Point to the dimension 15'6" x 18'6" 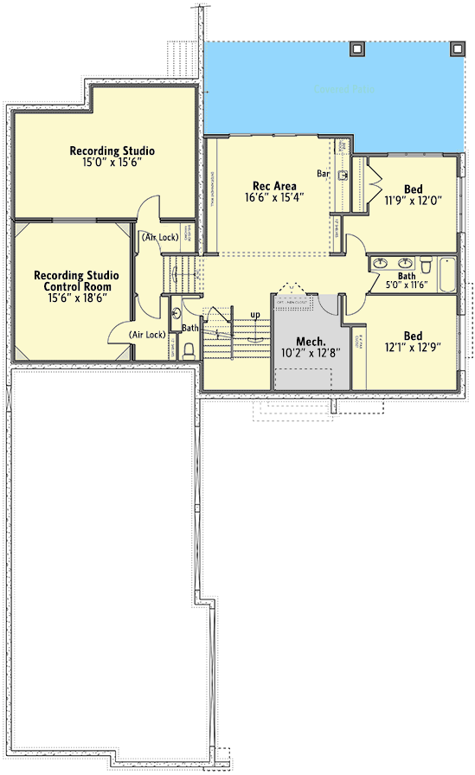tap(77, 298)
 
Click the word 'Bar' tap(324, 174)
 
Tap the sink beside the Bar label tap(343, 176)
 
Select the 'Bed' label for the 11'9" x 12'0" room tap(414, 189)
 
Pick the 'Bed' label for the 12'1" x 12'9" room tap(414, 336)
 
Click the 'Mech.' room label tap(310, 341)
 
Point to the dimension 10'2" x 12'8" tap(310, 353)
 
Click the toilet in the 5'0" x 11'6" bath tap(427, 263)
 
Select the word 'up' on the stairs tap(254, 314)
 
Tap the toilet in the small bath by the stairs tap(187, 349)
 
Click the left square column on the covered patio tap(356, 49)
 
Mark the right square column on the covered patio tap(456, 49)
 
